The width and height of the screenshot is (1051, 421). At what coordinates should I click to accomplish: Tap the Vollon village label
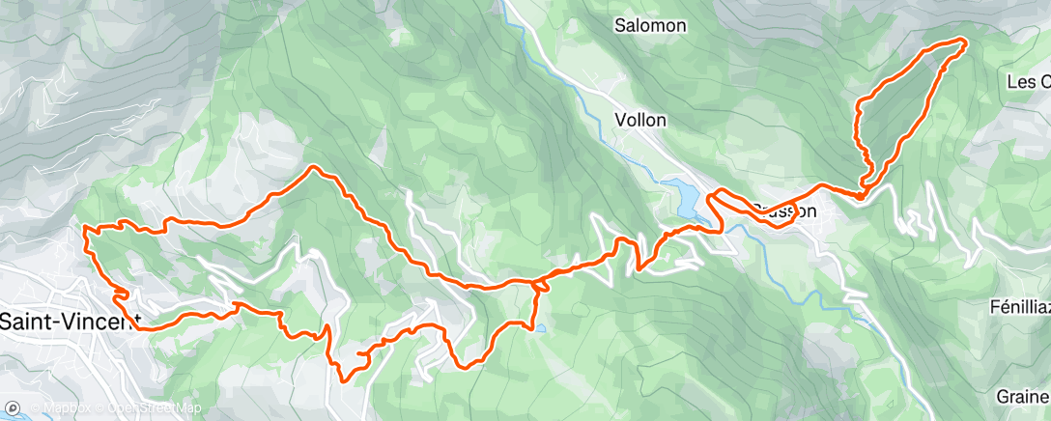[639, 121]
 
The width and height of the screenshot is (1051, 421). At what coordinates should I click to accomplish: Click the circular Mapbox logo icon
[14, 408]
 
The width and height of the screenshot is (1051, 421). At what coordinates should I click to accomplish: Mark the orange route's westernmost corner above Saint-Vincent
[87, 229]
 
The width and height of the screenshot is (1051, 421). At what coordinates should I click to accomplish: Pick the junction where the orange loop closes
[860, 194]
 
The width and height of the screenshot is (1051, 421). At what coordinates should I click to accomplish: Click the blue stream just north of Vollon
[589, 97]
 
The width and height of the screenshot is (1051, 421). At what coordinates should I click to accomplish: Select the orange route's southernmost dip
[343, 379]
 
